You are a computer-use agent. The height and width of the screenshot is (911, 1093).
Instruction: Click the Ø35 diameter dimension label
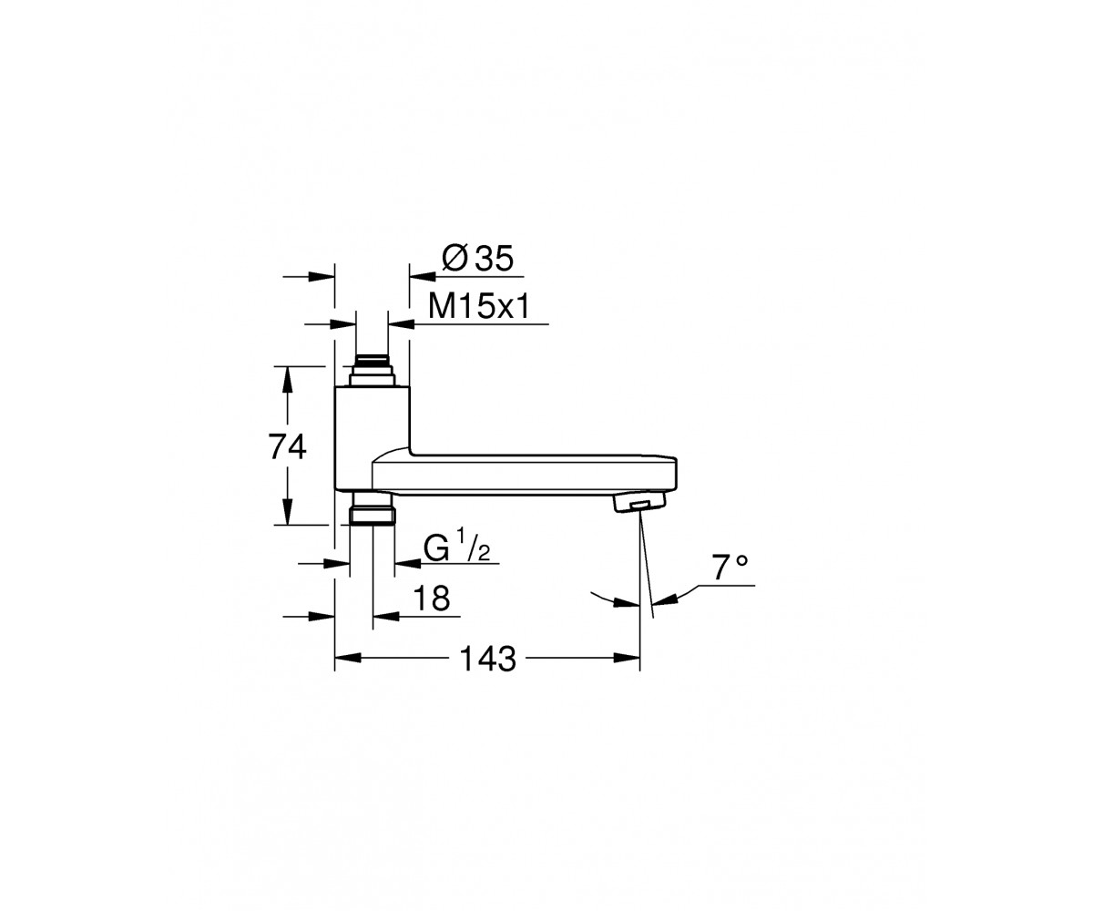point(477,258)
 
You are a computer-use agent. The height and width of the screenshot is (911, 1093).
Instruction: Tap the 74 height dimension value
point(288,447)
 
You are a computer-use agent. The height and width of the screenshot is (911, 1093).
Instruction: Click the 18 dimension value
point(432,598)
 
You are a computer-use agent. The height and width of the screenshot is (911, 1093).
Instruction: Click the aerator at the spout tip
point(639,503)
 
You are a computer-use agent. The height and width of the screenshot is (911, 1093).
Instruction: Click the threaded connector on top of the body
point(373,371)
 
